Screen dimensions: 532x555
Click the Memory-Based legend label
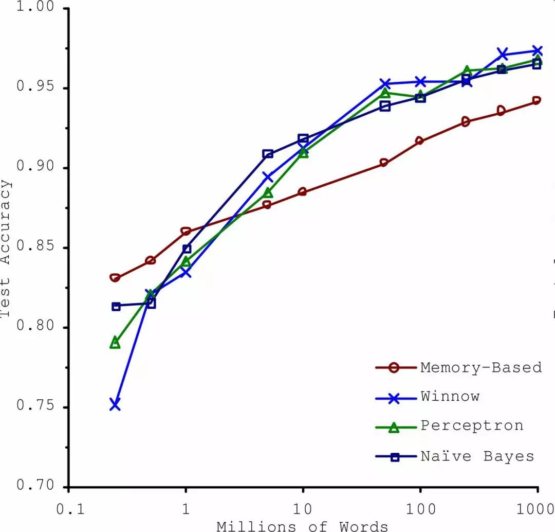pos(481,367)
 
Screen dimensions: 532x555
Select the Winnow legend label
pos(450,396)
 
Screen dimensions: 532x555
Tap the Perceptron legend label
pos(472,425)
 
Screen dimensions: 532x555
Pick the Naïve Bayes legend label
pos(477,456)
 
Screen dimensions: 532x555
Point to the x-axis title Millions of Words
pos(303,525)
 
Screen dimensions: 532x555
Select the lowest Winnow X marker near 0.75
pos(115,404)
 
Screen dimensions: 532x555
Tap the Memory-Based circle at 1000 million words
pos(536,100)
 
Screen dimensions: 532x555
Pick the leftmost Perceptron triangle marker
pos(115,343)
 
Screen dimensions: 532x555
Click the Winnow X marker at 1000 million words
pos(538,50)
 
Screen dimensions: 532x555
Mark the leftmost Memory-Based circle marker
pos(115,278)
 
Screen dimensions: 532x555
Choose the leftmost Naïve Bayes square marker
pos(116,306)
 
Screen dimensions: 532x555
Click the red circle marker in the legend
pos(395,368)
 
